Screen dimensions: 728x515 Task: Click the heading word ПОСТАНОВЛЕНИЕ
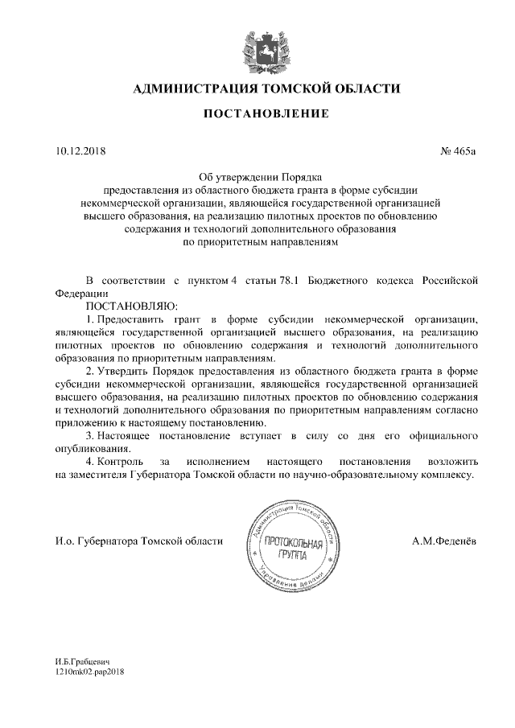coord(265,113)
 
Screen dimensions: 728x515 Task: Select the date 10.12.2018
coord(80,150)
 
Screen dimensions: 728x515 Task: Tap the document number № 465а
coord(459,150)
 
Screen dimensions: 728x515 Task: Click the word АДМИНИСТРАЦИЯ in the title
coord(190,88)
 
